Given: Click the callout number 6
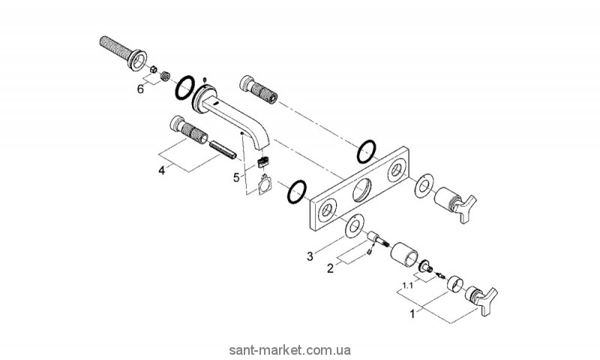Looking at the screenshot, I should click(139, 89).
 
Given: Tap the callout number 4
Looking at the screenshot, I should click(160, 170).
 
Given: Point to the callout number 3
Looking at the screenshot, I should click(310, 256).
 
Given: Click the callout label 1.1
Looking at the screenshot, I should click(408, 286).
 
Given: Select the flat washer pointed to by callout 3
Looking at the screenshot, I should click(351, 226).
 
